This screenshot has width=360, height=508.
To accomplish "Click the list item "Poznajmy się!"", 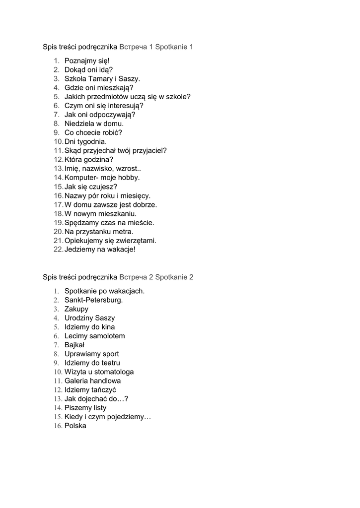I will tap(87, 61).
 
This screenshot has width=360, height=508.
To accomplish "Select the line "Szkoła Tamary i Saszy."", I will tap(102, 79).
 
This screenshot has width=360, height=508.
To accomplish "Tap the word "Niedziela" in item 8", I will tap(79, 124).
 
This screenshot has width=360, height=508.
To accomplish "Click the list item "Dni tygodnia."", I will tap(85, 141).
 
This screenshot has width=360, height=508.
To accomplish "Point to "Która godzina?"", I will tap(89, 159).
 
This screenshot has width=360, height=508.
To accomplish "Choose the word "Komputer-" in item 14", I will tap(82, 178).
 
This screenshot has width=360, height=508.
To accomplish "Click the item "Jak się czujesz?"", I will tap(91, 187).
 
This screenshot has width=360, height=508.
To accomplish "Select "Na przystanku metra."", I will tap(99, 231).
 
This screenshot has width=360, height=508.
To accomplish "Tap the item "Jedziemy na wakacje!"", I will tap(100, 250).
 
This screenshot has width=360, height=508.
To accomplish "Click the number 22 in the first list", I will tap(58, 250).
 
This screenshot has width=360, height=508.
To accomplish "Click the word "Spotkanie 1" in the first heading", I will tap(174, 47).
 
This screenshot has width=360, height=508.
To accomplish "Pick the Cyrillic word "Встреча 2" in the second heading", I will tap(136, 277).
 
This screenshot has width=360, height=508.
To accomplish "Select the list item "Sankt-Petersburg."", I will tap(93, 300).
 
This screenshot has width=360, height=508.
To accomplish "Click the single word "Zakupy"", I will tap(76, 309).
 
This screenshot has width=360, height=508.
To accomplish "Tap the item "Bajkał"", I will tap(75, 345).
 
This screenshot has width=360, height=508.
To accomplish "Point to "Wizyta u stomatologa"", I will tap(99, 372).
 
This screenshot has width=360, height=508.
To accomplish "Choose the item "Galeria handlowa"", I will tap(92, 381).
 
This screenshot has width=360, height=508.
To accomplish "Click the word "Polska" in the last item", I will tap(75, 426).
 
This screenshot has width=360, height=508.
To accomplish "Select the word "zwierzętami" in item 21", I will tap(136, 241).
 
